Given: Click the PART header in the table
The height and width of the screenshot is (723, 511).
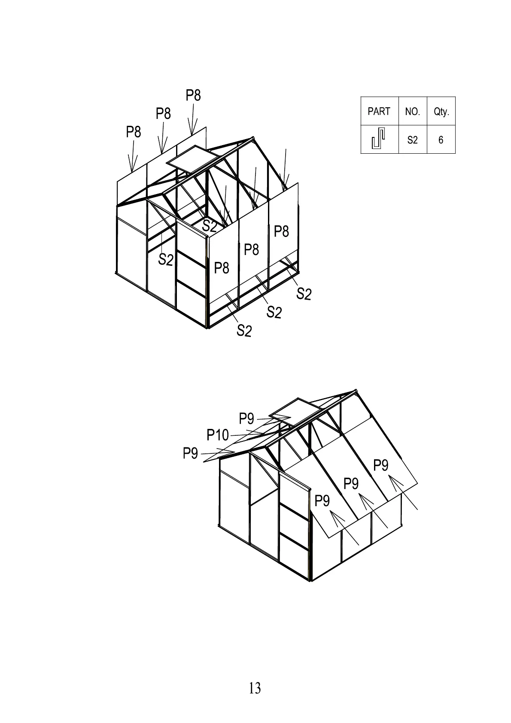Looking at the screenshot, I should click(379, 112).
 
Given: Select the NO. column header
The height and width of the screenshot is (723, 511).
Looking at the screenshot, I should click(412, 112).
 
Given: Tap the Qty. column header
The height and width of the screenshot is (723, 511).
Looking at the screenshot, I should click(441, 112).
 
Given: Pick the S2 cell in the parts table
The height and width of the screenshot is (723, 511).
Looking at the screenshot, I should click(412, 140).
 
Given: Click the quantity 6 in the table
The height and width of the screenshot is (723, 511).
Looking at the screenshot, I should click(441, 140).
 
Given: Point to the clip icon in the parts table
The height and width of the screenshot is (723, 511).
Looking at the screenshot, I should click(378, 140).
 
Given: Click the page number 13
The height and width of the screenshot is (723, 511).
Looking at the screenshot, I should click(255, 688).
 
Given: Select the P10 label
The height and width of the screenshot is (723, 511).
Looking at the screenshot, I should click(218, 435).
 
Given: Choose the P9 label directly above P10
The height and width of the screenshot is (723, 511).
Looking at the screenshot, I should click(246, 418).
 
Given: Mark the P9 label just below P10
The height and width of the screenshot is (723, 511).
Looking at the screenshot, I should click(190, 453).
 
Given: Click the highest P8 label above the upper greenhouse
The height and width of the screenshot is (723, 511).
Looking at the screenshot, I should click(193, 95).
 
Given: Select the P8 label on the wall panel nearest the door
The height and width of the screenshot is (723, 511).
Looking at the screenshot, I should click(222, 268).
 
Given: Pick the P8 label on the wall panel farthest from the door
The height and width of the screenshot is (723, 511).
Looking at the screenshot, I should click(281, 231).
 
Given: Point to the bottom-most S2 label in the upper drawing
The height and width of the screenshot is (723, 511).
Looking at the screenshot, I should click(244, 331).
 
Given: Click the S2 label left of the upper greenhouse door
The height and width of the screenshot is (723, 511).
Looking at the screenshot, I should click(166, 259).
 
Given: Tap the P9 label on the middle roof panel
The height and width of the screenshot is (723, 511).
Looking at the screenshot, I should click(351, 484).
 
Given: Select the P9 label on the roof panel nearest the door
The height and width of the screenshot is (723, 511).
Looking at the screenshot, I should click(322, 501).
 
